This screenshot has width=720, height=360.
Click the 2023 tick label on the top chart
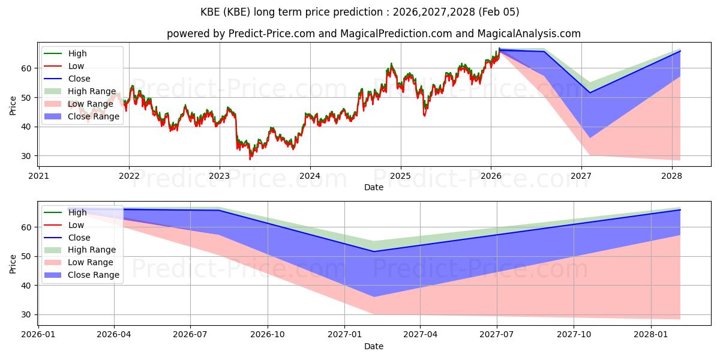click(219, 176)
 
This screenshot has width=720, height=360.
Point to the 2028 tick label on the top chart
click(671, 176)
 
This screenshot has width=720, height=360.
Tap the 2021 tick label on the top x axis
click(38, 176)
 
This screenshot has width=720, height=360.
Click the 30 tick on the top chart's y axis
click(27, 156)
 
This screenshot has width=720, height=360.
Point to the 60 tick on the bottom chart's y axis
click(27, 227)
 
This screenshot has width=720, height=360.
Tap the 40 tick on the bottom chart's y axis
click(27, 286)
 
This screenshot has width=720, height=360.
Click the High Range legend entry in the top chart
click(92, 92)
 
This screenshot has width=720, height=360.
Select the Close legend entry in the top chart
click(79, 79)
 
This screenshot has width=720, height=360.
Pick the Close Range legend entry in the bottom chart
click(94, 275)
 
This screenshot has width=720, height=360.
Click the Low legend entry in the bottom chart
click(76, 225)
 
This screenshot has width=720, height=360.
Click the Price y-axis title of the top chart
click(13, 106)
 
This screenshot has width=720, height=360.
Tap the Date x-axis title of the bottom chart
click(373, 347)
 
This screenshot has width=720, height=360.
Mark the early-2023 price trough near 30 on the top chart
click(250, 158)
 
